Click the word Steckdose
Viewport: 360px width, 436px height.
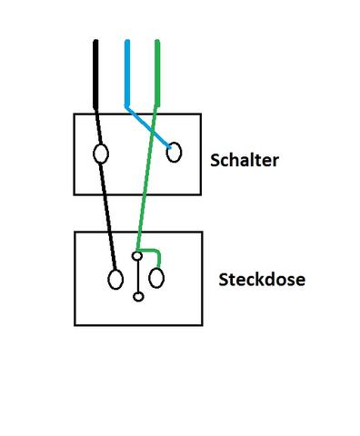tap(262, 279)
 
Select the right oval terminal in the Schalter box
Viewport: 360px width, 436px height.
tap(173, 152)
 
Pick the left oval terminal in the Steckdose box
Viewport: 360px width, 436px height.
tap(115, 278)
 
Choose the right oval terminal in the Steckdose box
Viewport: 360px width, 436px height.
tap(157, 277)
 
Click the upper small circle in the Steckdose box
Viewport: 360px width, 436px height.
tap(136, 257)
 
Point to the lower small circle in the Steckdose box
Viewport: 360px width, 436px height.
tap(138, 296)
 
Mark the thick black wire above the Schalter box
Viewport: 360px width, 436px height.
tap(95, 77)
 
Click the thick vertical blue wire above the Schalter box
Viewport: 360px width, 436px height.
tap(126, 73)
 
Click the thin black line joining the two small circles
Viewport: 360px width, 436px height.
tap(137, 277)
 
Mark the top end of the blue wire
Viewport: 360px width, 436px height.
tap(126, 42)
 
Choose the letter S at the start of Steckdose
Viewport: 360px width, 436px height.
tap(224, 279)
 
